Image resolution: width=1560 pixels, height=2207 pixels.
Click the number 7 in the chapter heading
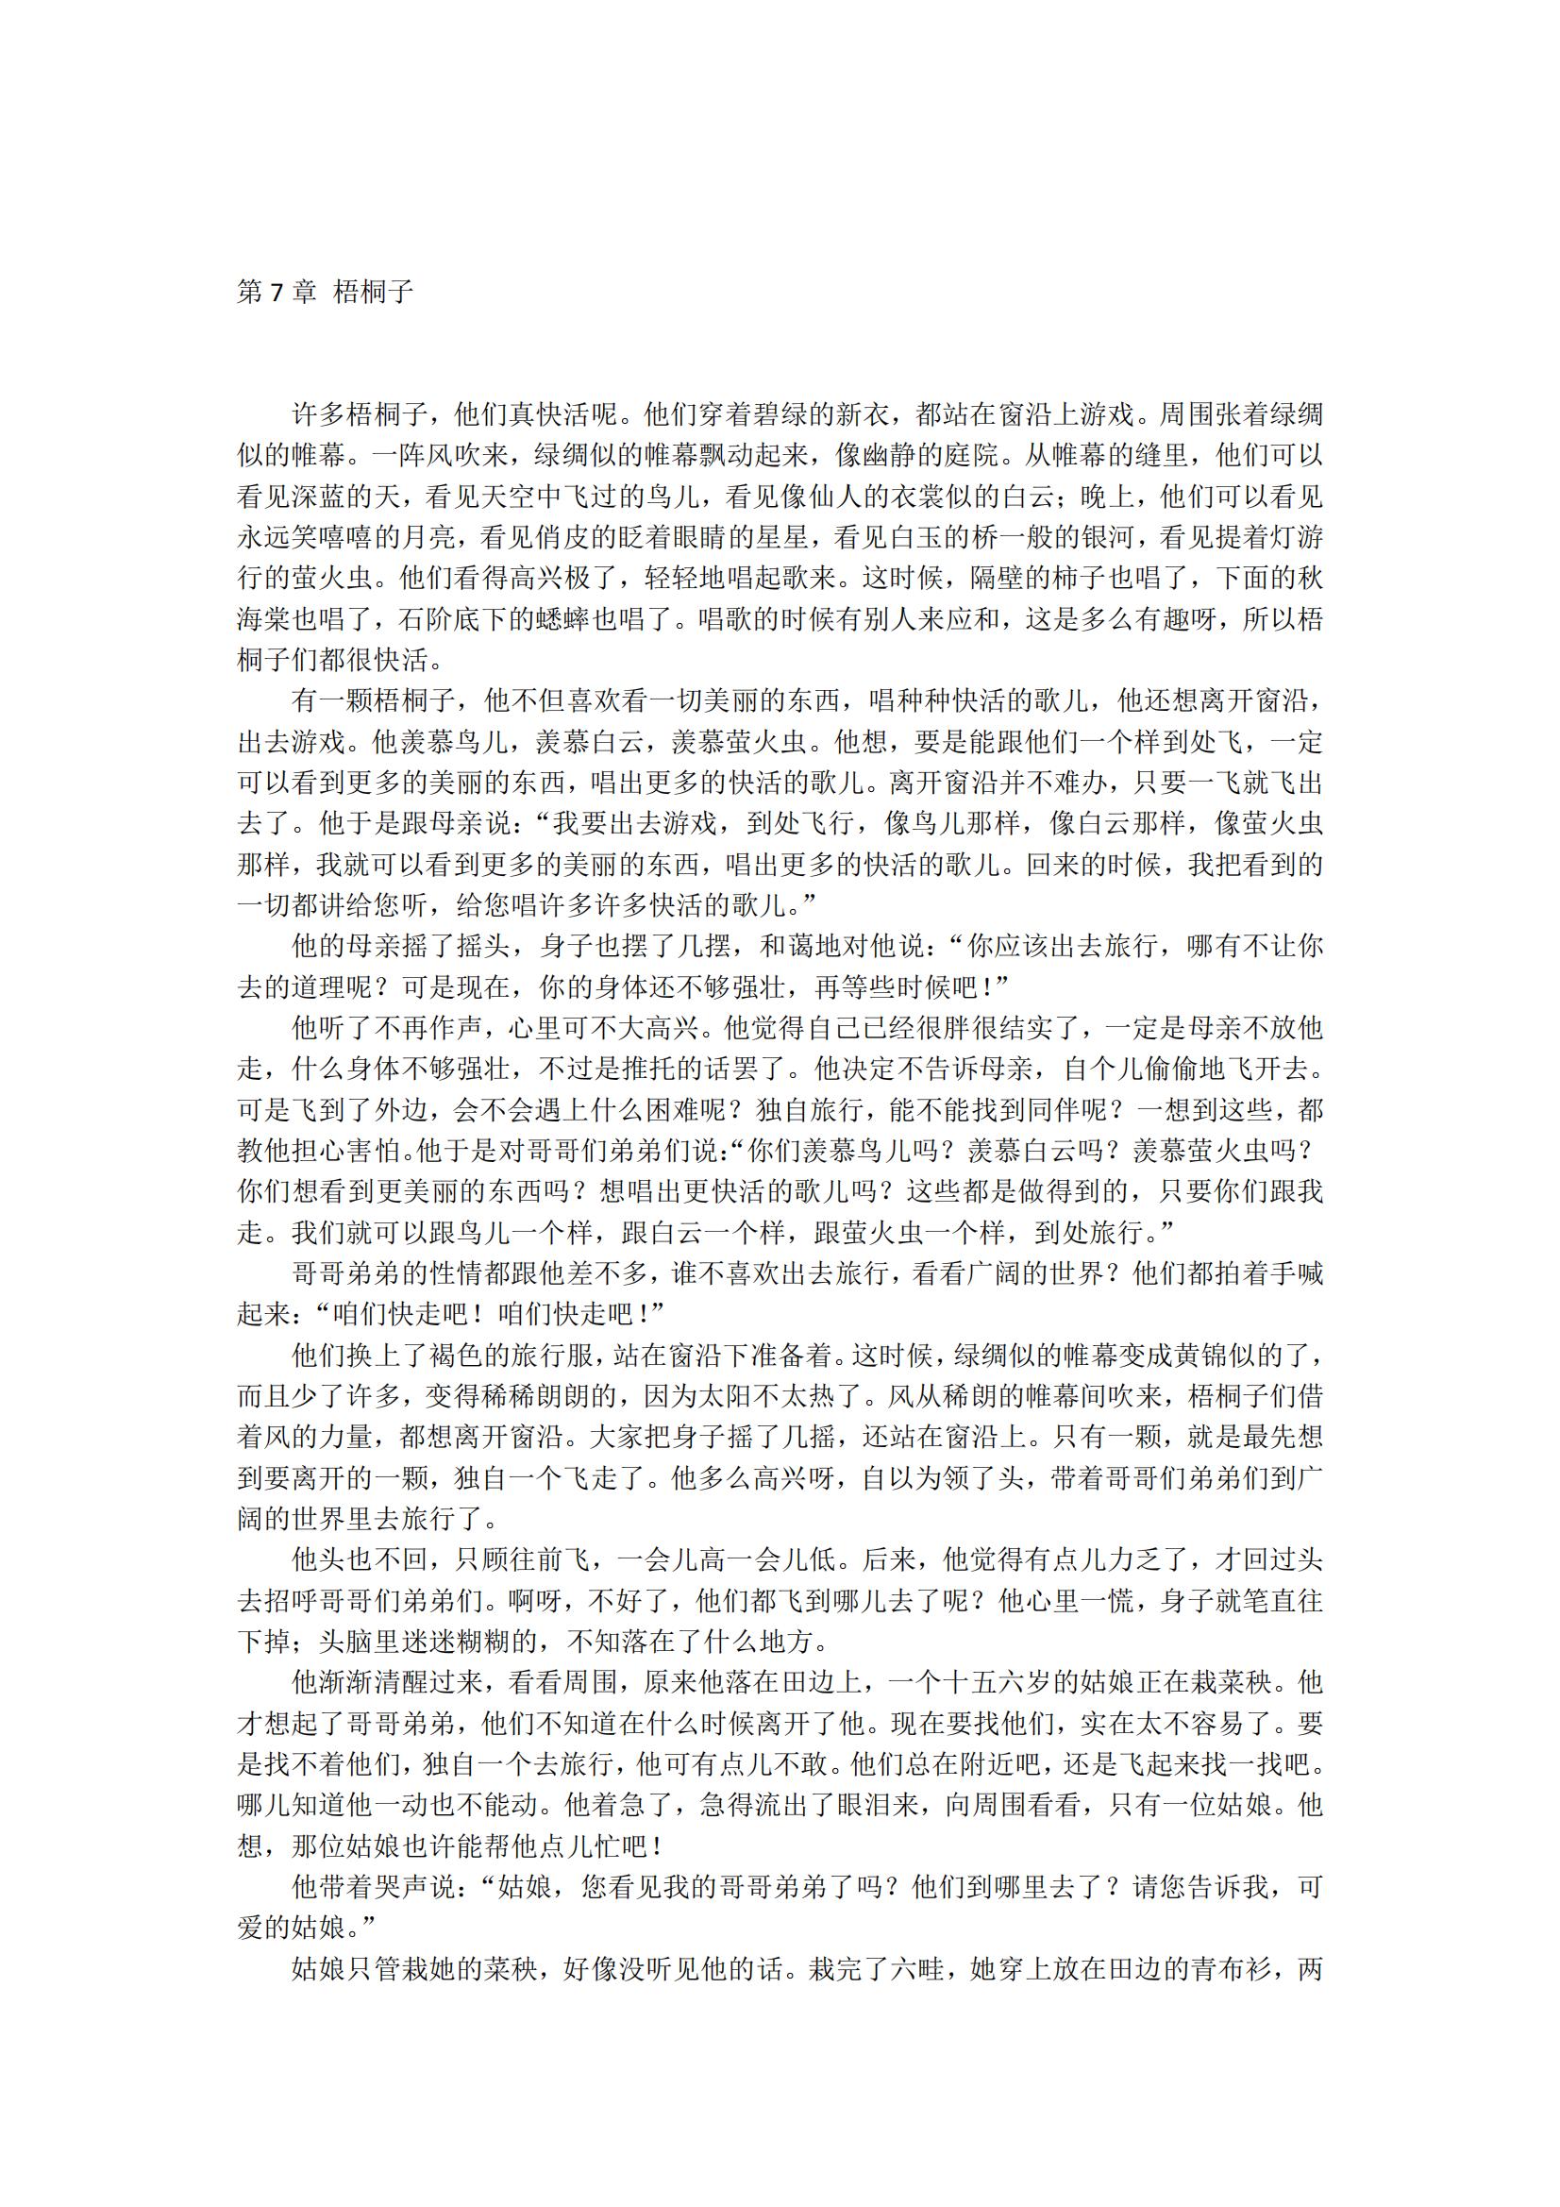pyautogui.click(x=277, y=293)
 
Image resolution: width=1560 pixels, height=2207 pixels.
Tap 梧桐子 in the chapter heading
pyautogui.click(x=373, y=293)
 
